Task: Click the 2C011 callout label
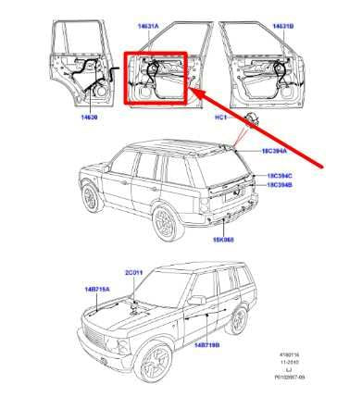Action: [x=135, y=271]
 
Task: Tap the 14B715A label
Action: [x=98, y=290]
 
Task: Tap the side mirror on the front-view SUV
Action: [x=195, y=300]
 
